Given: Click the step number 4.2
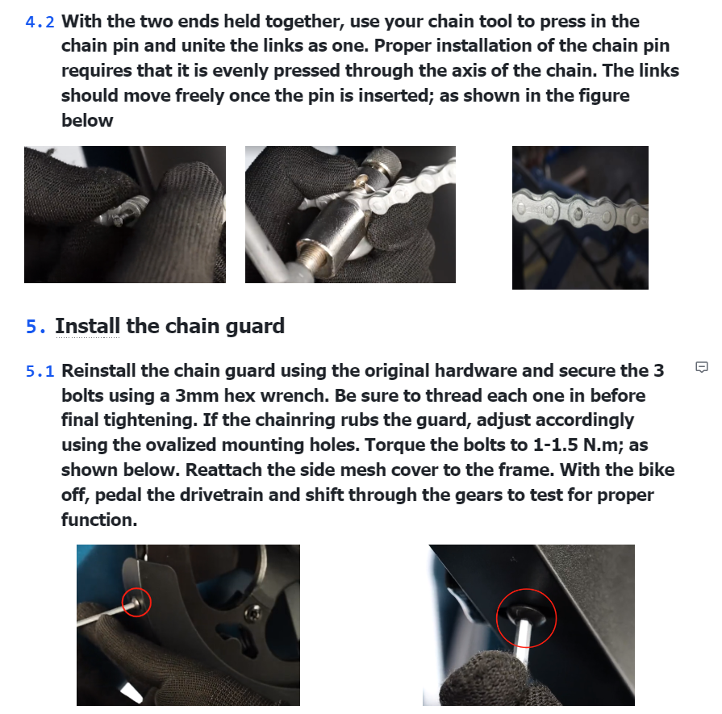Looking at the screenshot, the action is [x=40, y=22].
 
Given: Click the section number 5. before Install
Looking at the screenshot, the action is [x=36, y=327].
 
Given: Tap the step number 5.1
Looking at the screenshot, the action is [x=40, y=371].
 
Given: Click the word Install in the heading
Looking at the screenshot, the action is [x=87, y=326].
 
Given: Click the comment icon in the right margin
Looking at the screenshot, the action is [x=701, y=367].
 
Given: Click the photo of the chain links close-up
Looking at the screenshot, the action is [x=580, y=218].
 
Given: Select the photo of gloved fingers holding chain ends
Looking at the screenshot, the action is [x=125, y=215].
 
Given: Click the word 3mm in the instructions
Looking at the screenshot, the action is [x=196, y=395].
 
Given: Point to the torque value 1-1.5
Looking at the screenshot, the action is [x=555, y=445].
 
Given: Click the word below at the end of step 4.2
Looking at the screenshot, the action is [x=87, y=121].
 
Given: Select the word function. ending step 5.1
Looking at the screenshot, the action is [x=99, y=520].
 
